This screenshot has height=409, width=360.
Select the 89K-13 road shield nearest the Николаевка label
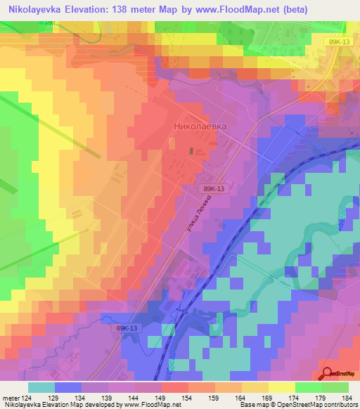[214, 189]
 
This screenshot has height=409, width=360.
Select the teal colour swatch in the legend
[41, 387]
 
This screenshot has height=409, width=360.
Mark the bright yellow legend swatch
[282, 387]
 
